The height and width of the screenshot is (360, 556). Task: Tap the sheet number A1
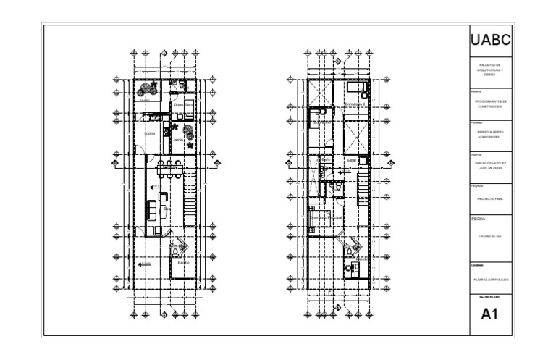(x=492, y=314)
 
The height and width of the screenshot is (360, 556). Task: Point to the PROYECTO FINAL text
(x=492, y=196)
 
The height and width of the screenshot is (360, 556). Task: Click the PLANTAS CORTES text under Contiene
(x=492, y=277)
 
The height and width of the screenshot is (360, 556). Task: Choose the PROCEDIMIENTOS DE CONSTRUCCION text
(x=492, y=104)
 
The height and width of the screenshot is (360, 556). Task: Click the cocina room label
(x=151, y=133)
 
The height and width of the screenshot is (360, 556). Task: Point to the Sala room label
(x=167, y=208)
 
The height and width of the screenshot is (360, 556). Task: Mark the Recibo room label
(x=183, y=261)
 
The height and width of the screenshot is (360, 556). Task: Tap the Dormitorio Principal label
(x=327, y=217)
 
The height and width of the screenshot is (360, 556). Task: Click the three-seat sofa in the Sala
(x=151, y=210)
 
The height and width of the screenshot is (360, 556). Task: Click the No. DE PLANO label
(x=492, y=296)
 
